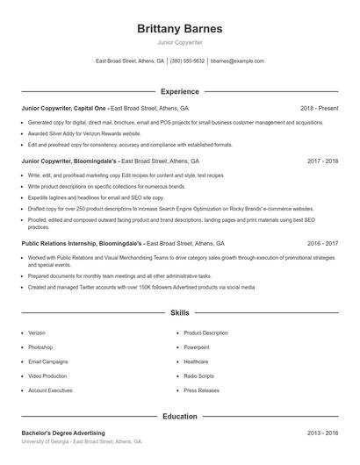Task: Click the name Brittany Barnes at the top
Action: (179, 28)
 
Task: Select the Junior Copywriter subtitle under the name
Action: (179, 42)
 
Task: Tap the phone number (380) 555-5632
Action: (187, 61)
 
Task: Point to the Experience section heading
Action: (179, 91)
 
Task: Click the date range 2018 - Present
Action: (320, 108)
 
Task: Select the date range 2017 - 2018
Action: (322, 161)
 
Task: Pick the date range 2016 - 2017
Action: (322, 243)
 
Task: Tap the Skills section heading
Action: (179, 312)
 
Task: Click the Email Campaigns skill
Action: (48, 361)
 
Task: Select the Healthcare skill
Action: (196, 361)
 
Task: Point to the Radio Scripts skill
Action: (198, 376)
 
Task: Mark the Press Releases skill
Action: (201, 390)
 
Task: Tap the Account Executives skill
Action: (50, 390)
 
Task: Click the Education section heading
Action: (179, 417)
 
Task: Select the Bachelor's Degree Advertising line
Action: (63, 433)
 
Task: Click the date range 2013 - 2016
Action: (322, 433)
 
